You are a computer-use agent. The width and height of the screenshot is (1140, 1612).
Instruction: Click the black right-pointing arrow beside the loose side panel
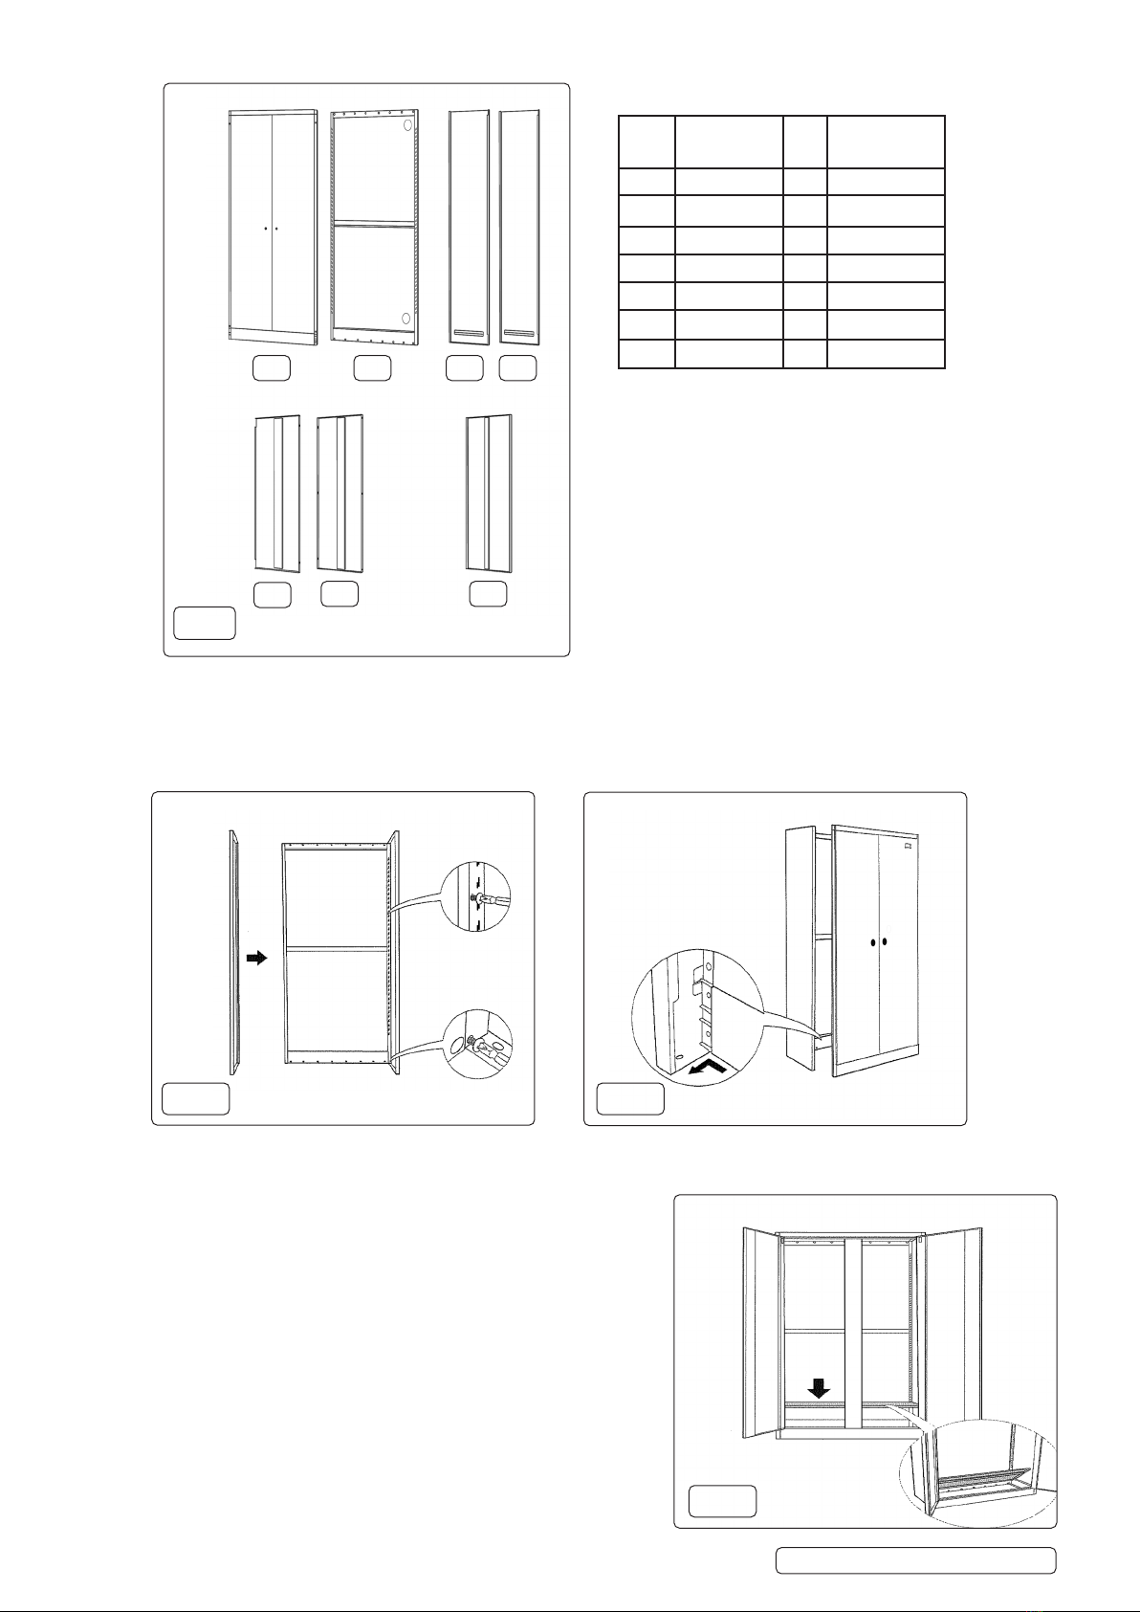[255, 958]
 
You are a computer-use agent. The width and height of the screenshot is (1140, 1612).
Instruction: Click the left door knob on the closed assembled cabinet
[873, 942]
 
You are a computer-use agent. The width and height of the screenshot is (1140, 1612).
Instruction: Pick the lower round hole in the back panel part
[406, 318]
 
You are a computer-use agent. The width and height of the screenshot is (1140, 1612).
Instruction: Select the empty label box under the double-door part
[271, 367]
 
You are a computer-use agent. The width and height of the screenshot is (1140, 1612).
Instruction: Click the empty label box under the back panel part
[371, 367]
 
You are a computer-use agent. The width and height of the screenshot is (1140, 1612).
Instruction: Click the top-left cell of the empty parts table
[647, 142]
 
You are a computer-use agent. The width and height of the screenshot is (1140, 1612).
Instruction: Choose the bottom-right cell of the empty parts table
[886, 354]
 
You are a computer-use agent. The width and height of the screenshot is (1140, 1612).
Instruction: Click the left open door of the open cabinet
[762, 1333]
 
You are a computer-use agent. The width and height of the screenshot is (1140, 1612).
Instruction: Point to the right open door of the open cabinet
[951, 1325]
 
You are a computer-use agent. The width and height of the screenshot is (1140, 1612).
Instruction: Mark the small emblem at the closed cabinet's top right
[908, 845]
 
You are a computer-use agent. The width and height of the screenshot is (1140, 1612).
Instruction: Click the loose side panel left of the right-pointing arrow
[232, 952]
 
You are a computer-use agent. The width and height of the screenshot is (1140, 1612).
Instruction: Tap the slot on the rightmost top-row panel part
[518, 332]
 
